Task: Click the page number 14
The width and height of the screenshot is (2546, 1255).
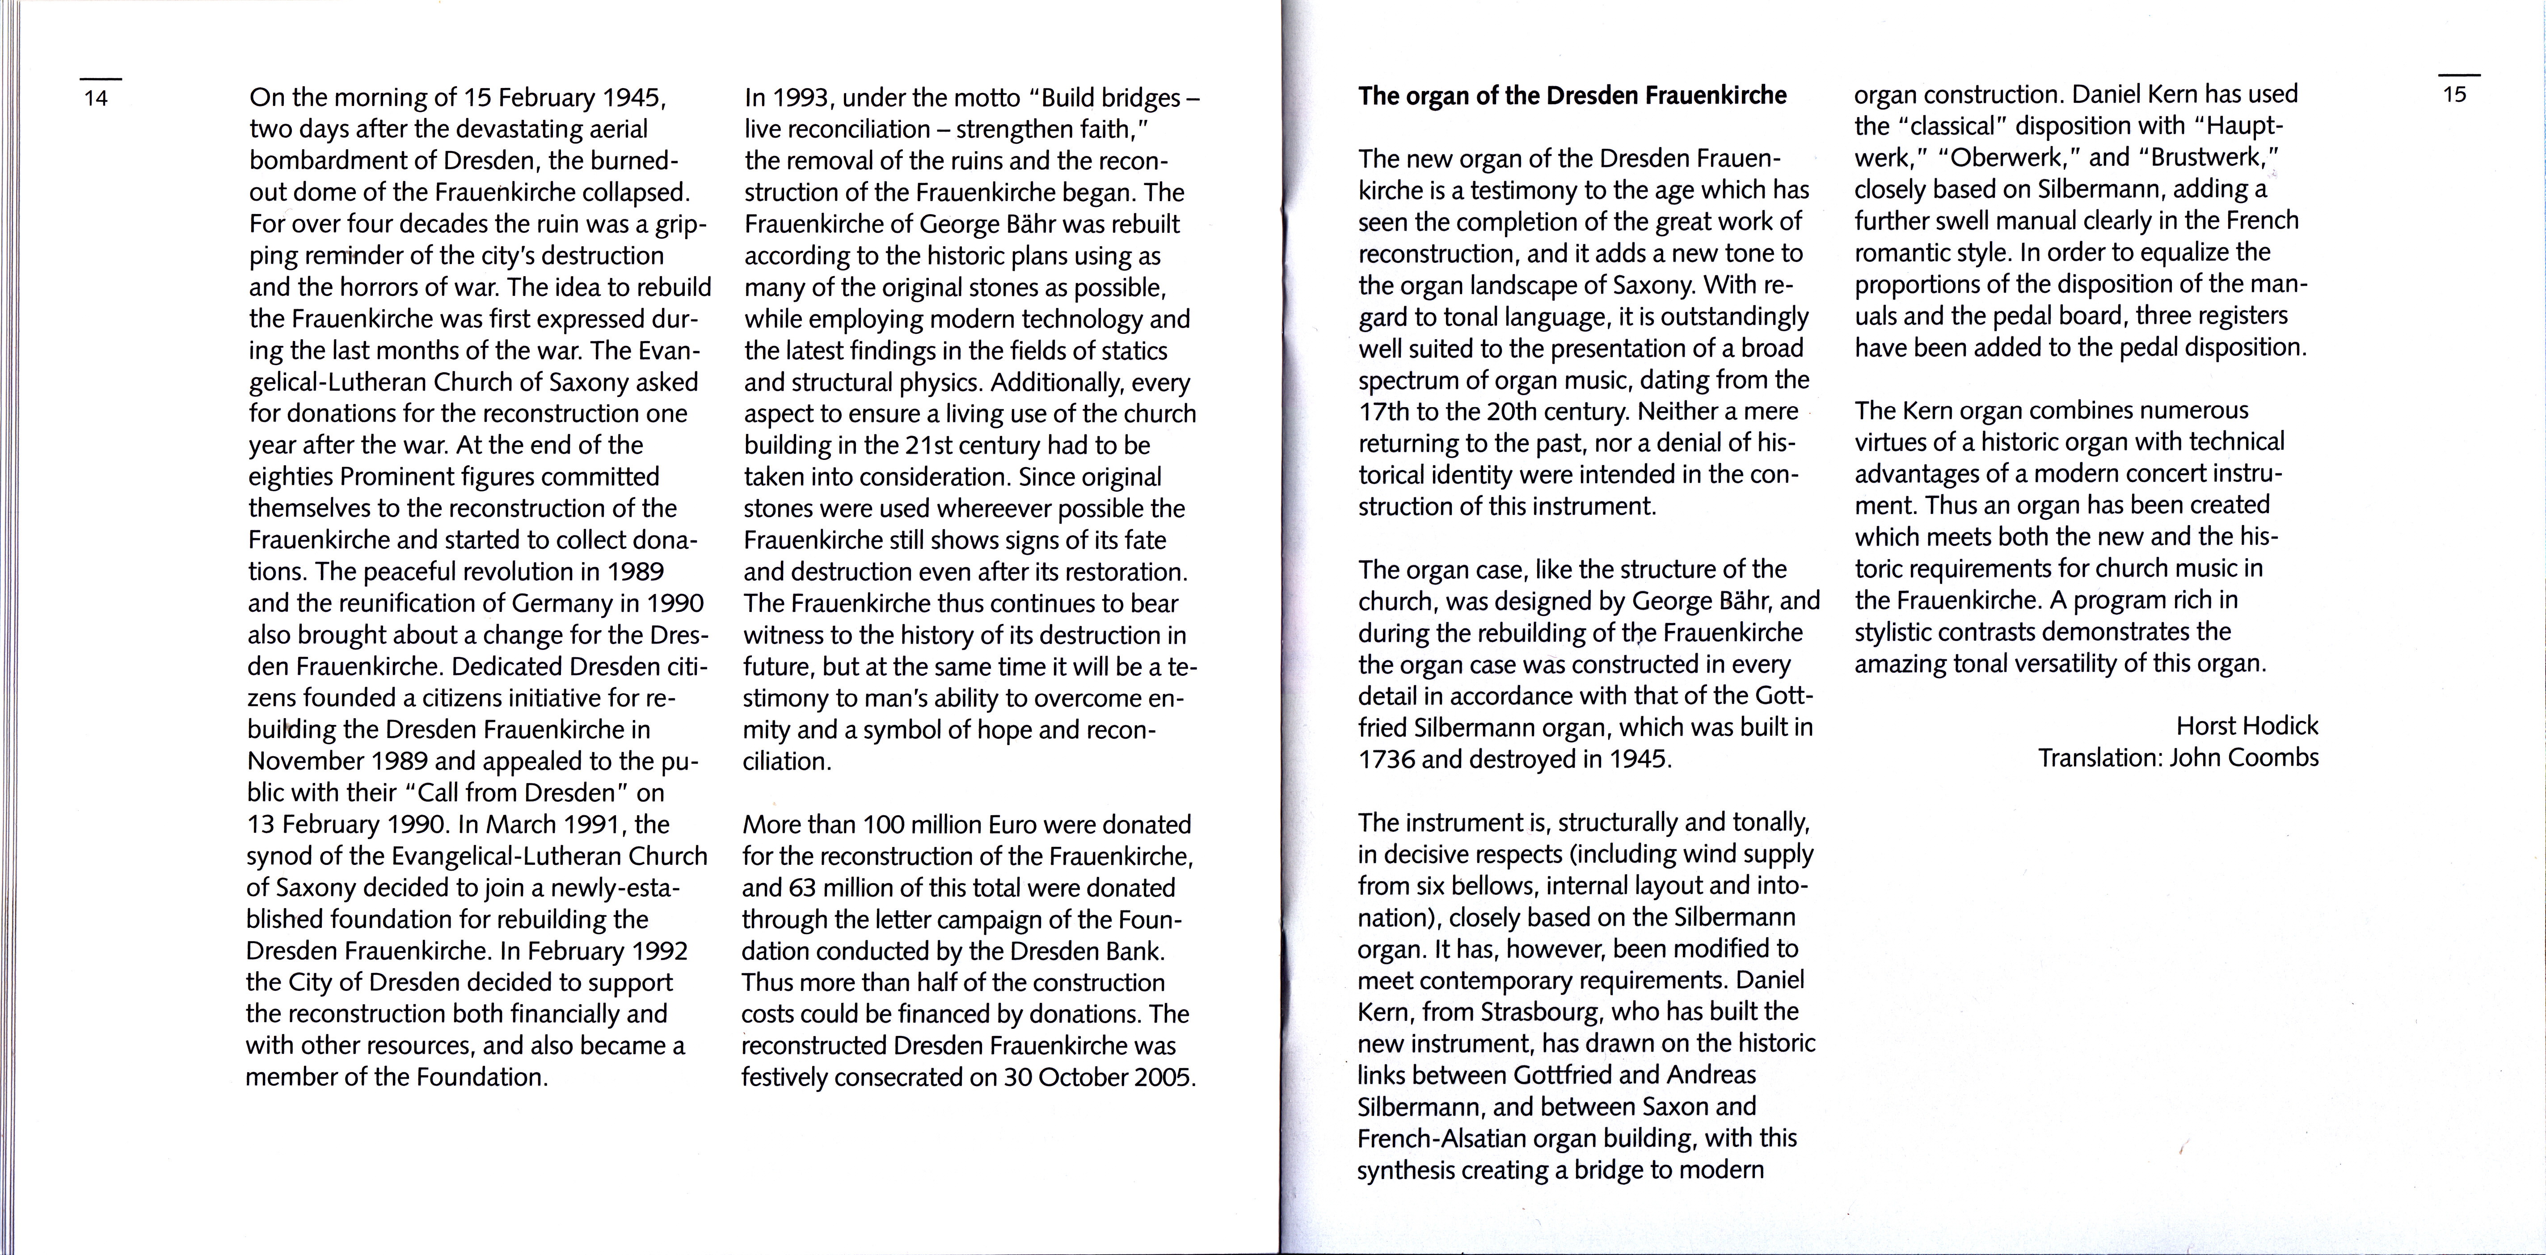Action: [96, 98]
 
